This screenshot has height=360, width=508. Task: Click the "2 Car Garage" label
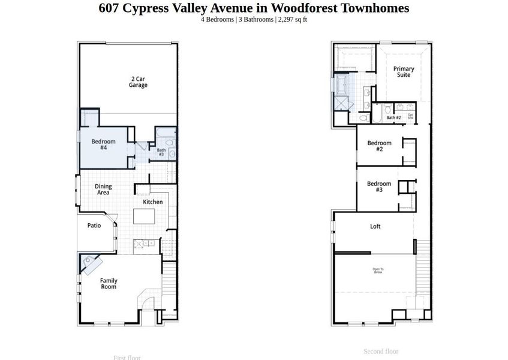[138, 82]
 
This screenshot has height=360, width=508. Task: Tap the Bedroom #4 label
[103, 145]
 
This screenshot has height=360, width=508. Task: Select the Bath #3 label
[161, 152]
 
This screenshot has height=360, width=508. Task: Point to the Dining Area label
[103, 190]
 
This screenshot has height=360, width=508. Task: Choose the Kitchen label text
[152, 202]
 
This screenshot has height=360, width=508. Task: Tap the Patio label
[94, 226]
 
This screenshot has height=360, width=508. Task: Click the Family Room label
[109, 284]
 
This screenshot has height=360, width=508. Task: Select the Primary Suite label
[404, 73]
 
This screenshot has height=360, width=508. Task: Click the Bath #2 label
[393, 118]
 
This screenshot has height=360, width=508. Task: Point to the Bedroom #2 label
[379, 146]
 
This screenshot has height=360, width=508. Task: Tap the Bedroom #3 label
[379, 187]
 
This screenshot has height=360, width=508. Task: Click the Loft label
[375, 227]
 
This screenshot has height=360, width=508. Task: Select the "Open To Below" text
[378, 271]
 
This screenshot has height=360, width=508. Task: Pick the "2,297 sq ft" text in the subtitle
[293, 20]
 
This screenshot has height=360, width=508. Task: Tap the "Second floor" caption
[381, 352]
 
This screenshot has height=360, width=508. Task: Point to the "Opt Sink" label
[410, 116]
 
